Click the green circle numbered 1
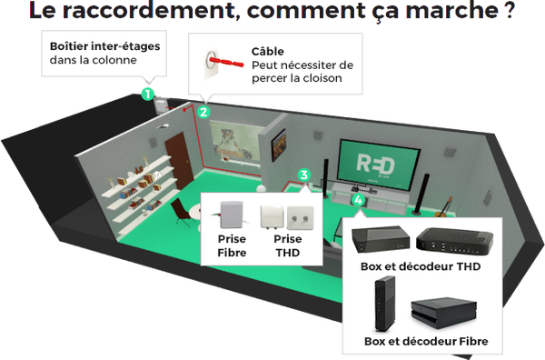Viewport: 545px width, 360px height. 147,92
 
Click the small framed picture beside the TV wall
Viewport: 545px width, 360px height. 281,142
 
